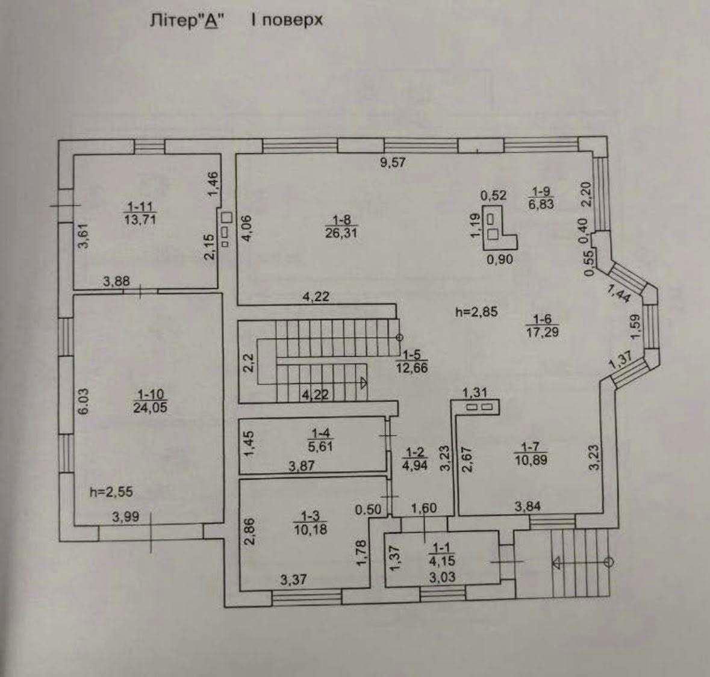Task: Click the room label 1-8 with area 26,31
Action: click(x=341, y=226)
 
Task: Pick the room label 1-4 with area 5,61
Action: click(x=318, y=440)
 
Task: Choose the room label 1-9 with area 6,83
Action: click(x=540, y=198)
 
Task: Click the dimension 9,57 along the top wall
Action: click(x=394, y=162)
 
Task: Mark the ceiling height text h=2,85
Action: click(x=477, y=312)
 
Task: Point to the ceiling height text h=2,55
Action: click(x=111, y=492)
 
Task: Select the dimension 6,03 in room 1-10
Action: click(x=83, y=401)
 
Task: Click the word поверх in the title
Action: click(x=287, y=20)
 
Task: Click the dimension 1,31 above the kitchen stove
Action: click(x=475, y=392)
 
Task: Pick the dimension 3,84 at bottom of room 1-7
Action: click(x=528, y=507)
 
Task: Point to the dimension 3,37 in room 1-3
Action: click(x=294, y=580)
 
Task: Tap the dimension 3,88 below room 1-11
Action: click(x=117, y=280)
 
